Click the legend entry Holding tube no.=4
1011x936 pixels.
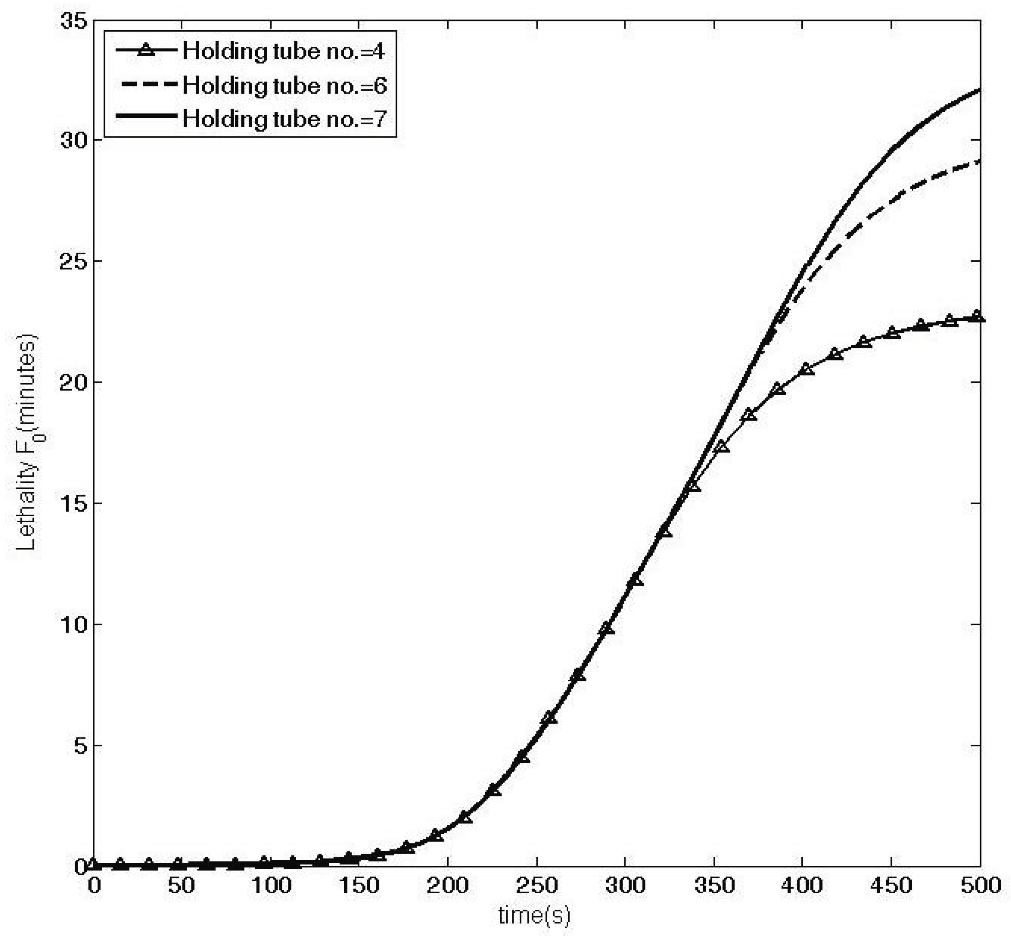tap(284, 51)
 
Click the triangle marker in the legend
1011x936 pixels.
tap(147, 50)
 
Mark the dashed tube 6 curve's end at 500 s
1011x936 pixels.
tap(980, 161)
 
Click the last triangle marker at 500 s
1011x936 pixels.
tap(978, 316)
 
